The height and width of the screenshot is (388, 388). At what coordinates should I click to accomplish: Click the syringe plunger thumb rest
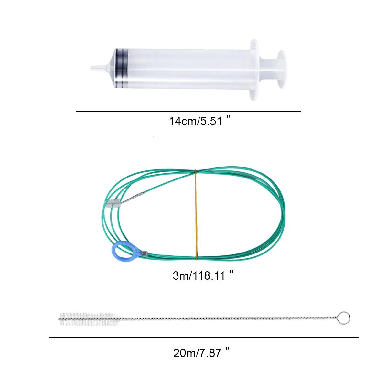coord(281,69)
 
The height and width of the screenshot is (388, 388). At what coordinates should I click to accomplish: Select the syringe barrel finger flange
coord(254,70)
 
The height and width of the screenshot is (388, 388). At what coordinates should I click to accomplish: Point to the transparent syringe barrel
coord(183,68)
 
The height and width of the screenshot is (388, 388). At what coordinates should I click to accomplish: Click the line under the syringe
coord(189,111)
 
